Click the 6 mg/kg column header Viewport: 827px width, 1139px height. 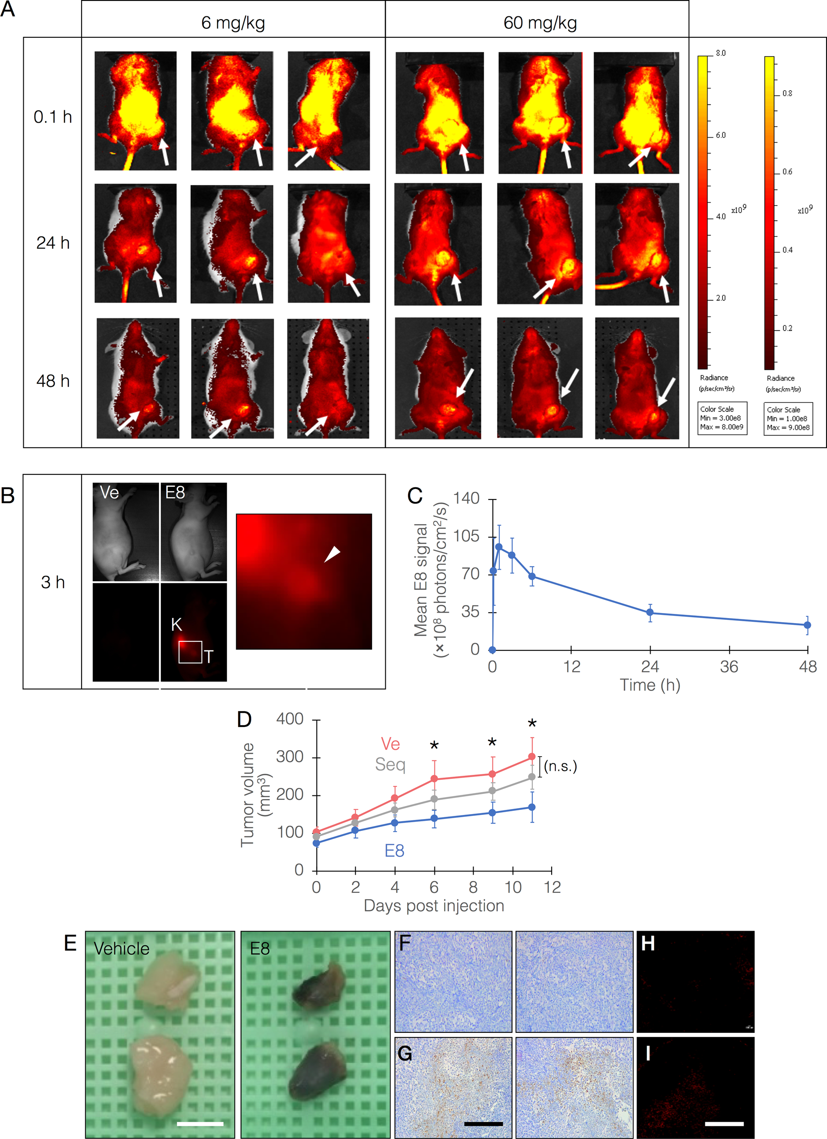tap(233, 23)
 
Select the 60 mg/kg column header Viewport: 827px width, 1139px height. tap(540, 23)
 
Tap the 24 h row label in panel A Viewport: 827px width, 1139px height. tap(53, 243)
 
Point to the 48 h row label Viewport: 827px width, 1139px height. tap(53, 381)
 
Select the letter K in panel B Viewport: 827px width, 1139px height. tap(176, 625)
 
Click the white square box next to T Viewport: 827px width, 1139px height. tap(191, 652)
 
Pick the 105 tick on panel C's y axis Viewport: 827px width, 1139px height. tap(466, 536)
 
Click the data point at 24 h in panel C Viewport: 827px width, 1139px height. tap(650, 612)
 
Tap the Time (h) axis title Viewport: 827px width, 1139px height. tap(650, 685)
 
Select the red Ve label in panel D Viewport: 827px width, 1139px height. tap(390, 744)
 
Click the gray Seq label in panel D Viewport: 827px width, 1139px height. tap(390, 765)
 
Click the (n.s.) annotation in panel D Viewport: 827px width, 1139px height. tap(560, 766)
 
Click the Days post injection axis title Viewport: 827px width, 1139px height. tap(434, 906)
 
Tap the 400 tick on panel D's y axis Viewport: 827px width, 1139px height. tap(290, 719)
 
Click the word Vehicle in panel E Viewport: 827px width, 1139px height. tap(122, 948)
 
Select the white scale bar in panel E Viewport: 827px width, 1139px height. tap(200, 1124)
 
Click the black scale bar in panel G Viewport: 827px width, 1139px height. tap(483, 1124)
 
